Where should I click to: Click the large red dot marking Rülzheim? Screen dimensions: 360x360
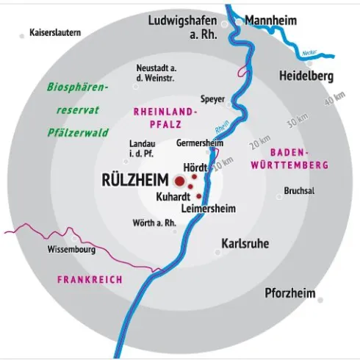pyautogui.click(x=179, y=180)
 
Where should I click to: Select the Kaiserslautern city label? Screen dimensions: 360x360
pyautogui.click(x=55, y=33)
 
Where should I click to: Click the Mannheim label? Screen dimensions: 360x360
pyautogui.click(x=270, y=20)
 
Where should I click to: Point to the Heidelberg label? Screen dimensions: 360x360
pyautogui.click(x=307, y=76)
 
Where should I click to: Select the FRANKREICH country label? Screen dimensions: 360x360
pyautogui.click(x=89, y=280)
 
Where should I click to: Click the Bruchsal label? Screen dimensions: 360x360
pyautogui.click(x=298, y=191)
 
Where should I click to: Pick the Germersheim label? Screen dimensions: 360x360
pyautogui.click(x=200, y=143)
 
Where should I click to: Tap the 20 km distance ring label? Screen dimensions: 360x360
pyautogui.click(x=259, y=141)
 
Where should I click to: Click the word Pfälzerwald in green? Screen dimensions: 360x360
pyautogui.click(x=78, y=133)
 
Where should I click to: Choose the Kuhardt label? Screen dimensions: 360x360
pyautogui.click(x=173, y=197)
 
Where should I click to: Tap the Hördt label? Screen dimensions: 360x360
pyautogui.click(x=195, y=166)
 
